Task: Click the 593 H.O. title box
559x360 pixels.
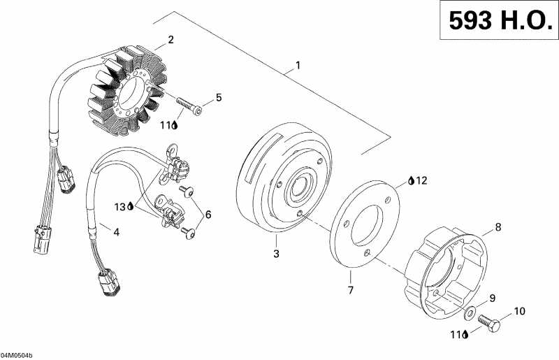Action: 497,22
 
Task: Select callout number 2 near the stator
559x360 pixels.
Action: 170,39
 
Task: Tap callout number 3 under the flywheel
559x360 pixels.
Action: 276,253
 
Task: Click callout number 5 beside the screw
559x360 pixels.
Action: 218,98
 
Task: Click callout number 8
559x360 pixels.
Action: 498,226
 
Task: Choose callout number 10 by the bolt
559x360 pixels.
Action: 520,311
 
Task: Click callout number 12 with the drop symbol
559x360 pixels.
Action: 421,181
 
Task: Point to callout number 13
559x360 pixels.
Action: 120,206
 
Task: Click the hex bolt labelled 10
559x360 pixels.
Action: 487,322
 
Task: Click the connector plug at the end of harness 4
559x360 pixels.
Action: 109,284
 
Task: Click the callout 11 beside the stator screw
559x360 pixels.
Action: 166,125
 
